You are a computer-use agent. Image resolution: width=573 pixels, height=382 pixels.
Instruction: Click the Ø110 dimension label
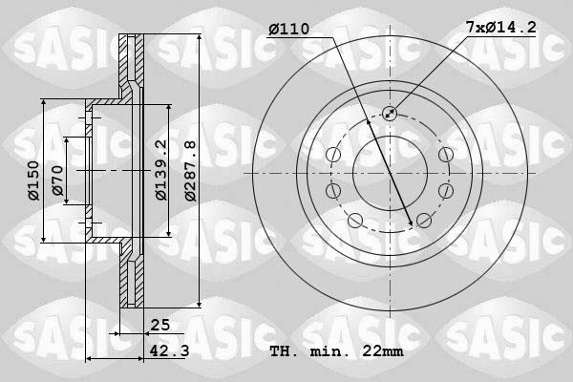[288, 30]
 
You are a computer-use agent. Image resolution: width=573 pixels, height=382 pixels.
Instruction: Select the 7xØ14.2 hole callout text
[500, 30]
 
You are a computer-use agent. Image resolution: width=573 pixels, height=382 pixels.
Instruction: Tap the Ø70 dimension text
[58, 181]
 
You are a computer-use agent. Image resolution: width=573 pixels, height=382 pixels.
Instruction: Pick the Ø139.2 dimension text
[161, 170]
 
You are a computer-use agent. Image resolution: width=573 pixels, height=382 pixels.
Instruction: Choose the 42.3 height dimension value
[168, 351]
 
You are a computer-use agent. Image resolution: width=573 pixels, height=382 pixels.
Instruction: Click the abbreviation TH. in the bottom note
[286, 351]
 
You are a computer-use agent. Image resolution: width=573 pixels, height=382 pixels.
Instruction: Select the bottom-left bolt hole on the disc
[354, 222]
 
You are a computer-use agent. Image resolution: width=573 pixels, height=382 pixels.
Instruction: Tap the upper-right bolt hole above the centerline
[445, 156]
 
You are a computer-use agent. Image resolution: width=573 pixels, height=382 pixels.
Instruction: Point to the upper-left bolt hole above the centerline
[333, 156]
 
